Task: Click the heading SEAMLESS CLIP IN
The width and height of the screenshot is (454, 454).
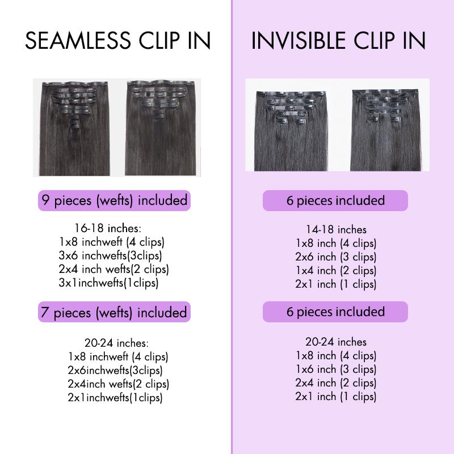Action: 118,41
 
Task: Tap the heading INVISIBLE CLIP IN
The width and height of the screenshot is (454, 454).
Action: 338,41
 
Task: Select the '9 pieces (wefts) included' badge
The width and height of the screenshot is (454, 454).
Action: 113,200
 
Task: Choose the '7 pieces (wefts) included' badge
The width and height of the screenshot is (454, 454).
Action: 113,312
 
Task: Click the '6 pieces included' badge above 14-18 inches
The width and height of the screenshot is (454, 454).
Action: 335,201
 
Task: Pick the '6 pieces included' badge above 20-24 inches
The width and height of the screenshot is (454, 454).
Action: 335,312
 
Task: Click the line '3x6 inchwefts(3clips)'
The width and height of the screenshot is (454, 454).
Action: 110,255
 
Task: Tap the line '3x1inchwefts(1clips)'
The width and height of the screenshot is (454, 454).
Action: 108,282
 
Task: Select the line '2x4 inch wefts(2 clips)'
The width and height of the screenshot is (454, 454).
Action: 114,269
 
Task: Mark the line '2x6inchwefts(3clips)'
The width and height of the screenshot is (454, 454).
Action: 115,371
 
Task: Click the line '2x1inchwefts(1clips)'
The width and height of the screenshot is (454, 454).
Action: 115,397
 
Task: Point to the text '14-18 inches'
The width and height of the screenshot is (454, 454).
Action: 336,230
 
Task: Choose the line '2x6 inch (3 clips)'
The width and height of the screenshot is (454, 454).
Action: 336,257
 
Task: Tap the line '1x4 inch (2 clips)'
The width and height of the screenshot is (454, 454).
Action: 336,270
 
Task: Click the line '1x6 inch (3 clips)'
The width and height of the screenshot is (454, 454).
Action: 336,369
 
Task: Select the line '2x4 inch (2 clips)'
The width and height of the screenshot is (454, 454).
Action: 336,382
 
